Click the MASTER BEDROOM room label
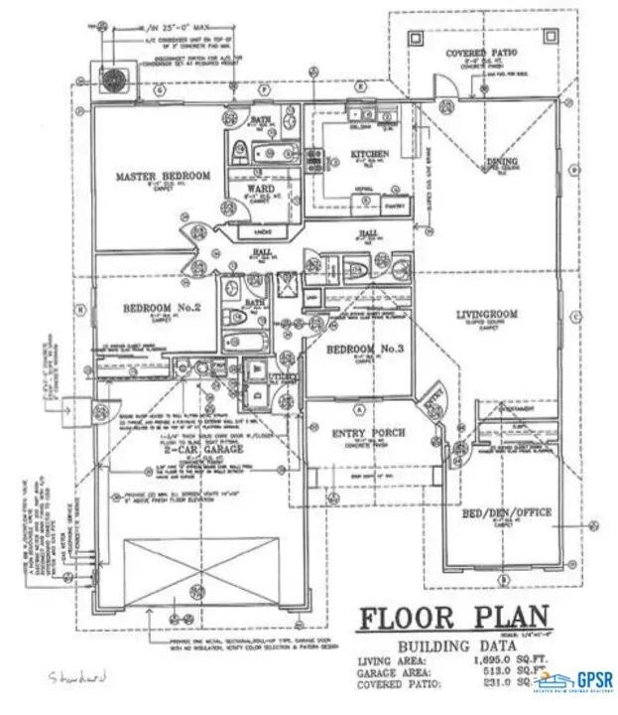[163, 177]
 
